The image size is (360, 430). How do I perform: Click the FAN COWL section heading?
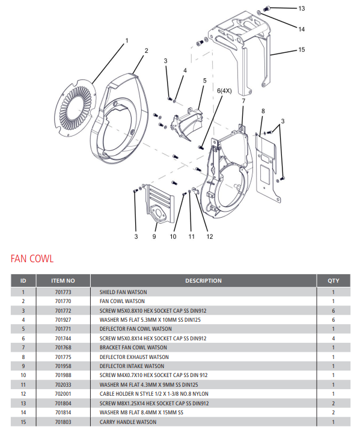pyautogui.click(x=32, y=259)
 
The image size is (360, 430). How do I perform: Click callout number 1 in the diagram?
pyautogui.click(x=127, y=41)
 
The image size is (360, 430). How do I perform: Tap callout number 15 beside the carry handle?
pyautogui.click(x=302, y=51)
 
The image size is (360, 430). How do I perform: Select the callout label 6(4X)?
pyautogui.click(x=224, y=91)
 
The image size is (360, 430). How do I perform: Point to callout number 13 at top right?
pyautogui.click(x=302, y=8)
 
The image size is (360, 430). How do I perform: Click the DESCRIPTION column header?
pyautogui.click(x=203, y=280)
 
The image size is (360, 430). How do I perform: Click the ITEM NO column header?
pyautogui.click(x=63, y=280)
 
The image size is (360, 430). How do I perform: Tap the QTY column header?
pyautogui.click(x=333, y=280)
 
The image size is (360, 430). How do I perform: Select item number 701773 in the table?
pyautogui.click(x=63, y=292)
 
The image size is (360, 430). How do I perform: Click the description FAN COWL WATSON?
pyautogui.click(x=122, y=301)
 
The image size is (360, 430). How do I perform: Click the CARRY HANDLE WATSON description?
pyautogui.click(x=127, y=422)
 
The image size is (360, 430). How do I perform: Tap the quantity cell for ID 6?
pyautogui.click(x=333, y=339)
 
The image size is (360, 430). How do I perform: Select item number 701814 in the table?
pyautogui.click(x=63, y=413)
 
